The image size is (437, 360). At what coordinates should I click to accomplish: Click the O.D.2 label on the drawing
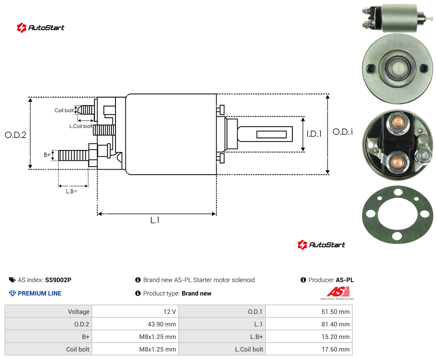[x=16, y=135]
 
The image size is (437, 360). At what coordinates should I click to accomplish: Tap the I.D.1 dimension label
[x=314, y=134]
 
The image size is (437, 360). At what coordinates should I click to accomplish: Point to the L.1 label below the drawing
[x=155, y=220]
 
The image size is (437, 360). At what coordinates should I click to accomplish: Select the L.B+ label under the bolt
[x=72, y=191]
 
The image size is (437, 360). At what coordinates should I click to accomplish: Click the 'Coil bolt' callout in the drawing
[x=64, y=110]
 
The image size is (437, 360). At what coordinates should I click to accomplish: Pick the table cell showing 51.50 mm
[x=309, y=312]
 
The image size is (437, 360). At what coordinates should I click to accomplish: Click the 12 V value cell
[x=136, y=312]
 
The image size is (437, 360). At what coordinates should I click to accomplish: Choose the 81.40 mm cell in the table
[x=309, y=324]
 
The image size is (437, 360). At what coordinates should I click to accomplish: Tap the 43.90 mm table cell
[x=136, y=324]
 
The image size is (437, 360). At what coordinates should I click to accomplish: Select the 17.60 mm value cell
[x=309, y=349]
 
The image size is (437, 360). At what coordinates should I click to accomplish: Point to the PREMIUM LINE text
[x=39, y=293]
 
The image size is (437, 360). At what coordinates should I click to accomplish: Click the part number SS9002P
[x=58, y=280]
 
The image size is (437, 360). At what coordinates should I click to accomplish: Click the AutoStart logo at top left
[x=40, y=28]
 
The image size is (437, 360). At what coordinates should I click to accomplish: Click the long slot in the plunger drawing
[x=271, y=135]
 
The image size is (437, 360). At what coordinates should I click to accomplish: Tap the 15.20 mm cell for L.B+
[x=309, y=337]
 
